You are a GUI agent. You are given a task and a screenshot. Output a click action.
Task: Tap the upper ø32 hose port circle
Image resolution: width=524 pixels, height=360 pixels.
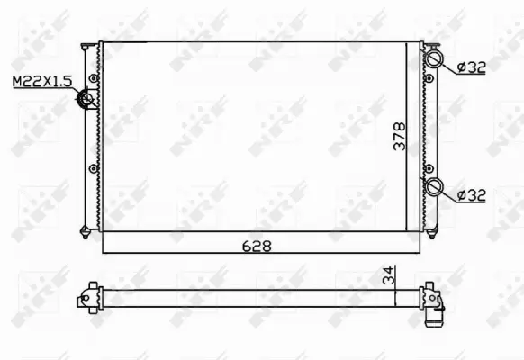click(x=434, y=60)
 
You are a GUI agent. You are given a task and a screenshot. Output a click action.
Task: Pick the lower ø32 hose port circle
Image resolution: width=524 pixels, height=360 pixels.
click(x=434, y=187)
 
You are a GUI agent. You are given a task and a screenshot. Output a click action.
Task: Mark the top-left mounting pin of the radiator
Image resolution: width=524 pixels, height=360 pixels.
click(x=84, y=42)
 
